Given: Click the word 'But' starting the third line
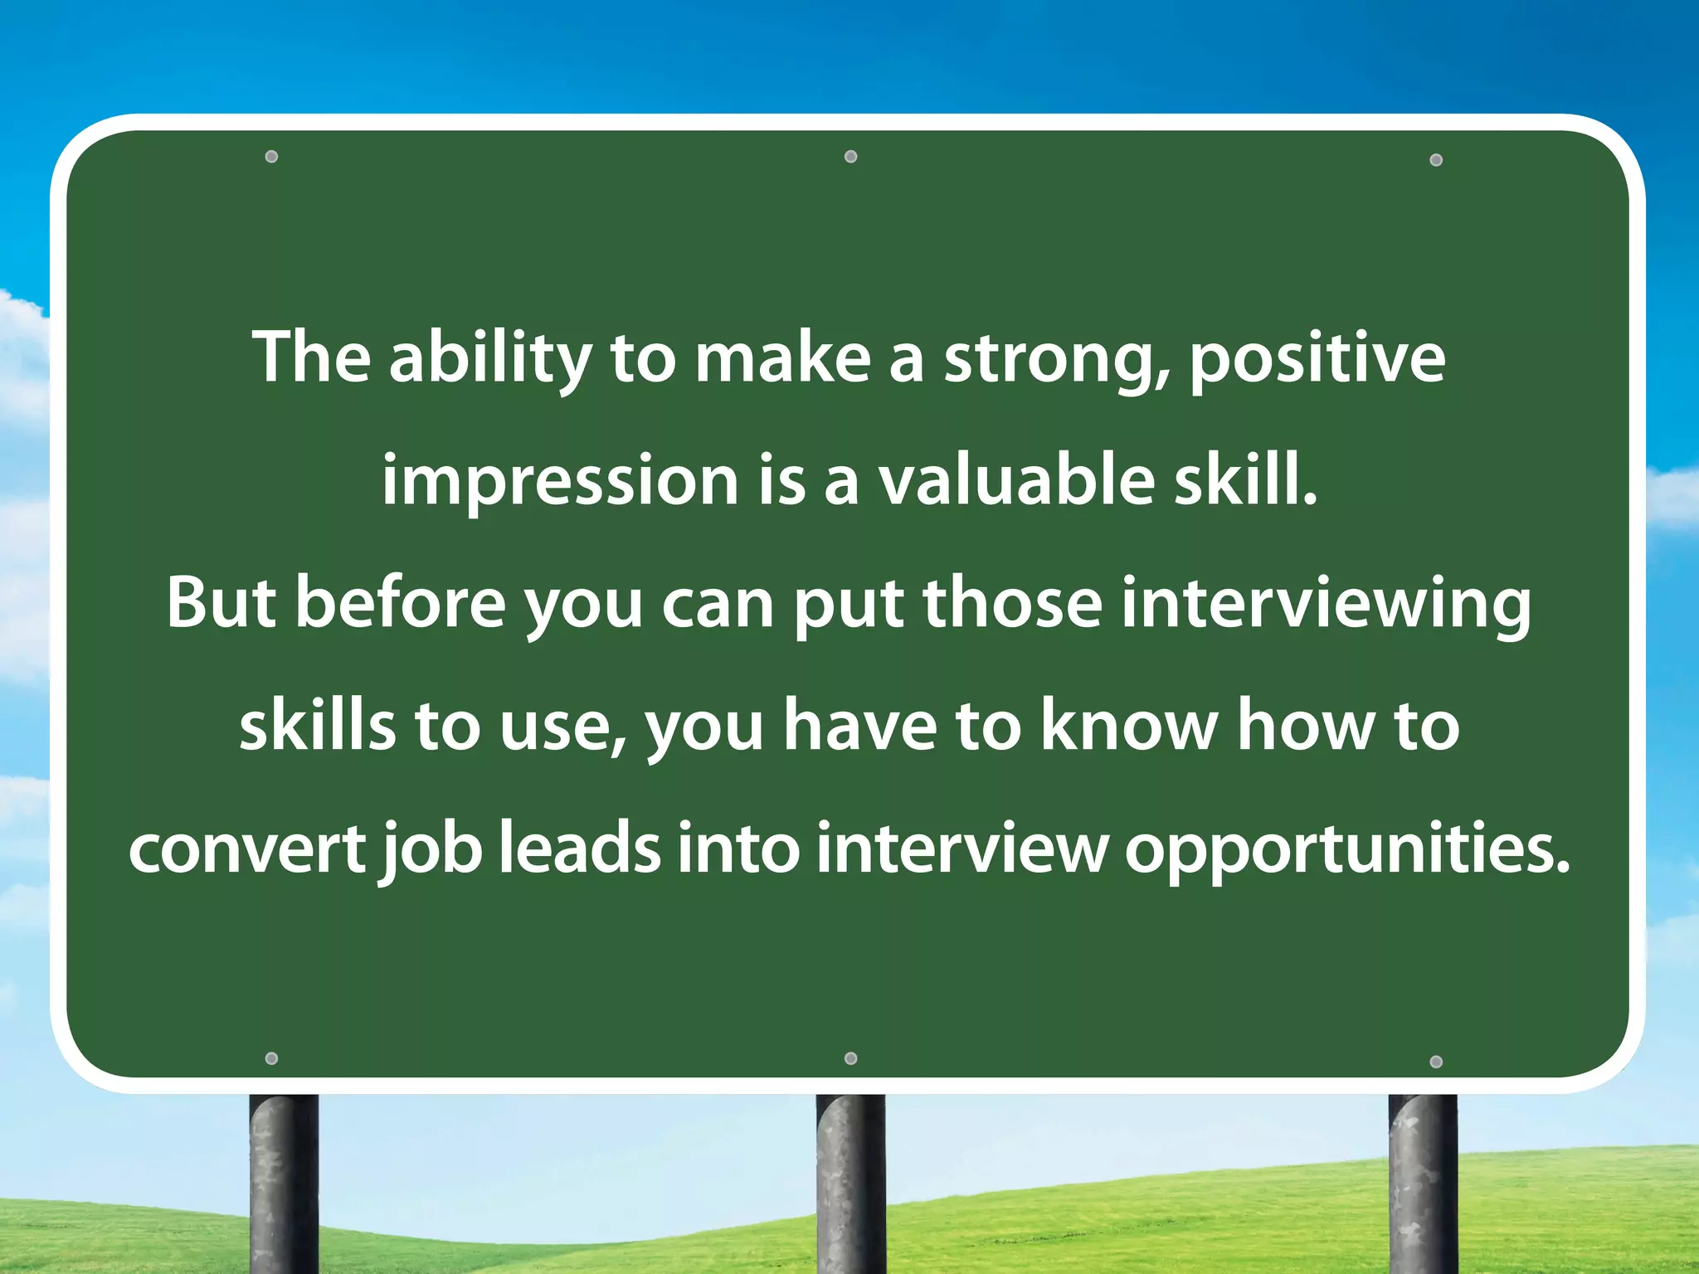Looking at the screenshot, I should coord(221,603).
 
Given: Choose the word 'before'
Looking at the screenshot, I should coord(401,603).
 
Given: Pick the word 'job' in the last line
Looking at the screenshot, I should coord(431,850).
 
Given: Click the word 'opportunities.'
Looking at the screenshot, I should coord(1347,850).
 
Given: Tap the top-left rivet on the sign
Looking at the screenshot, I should coord(271,157).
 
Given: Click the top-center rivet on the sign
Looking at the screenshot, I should coord(850,157).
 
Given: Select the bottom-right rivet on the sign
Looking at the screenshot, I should coord(1437,1062).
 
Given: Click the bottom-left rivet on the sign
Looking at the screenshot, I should coord(271,1058).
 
